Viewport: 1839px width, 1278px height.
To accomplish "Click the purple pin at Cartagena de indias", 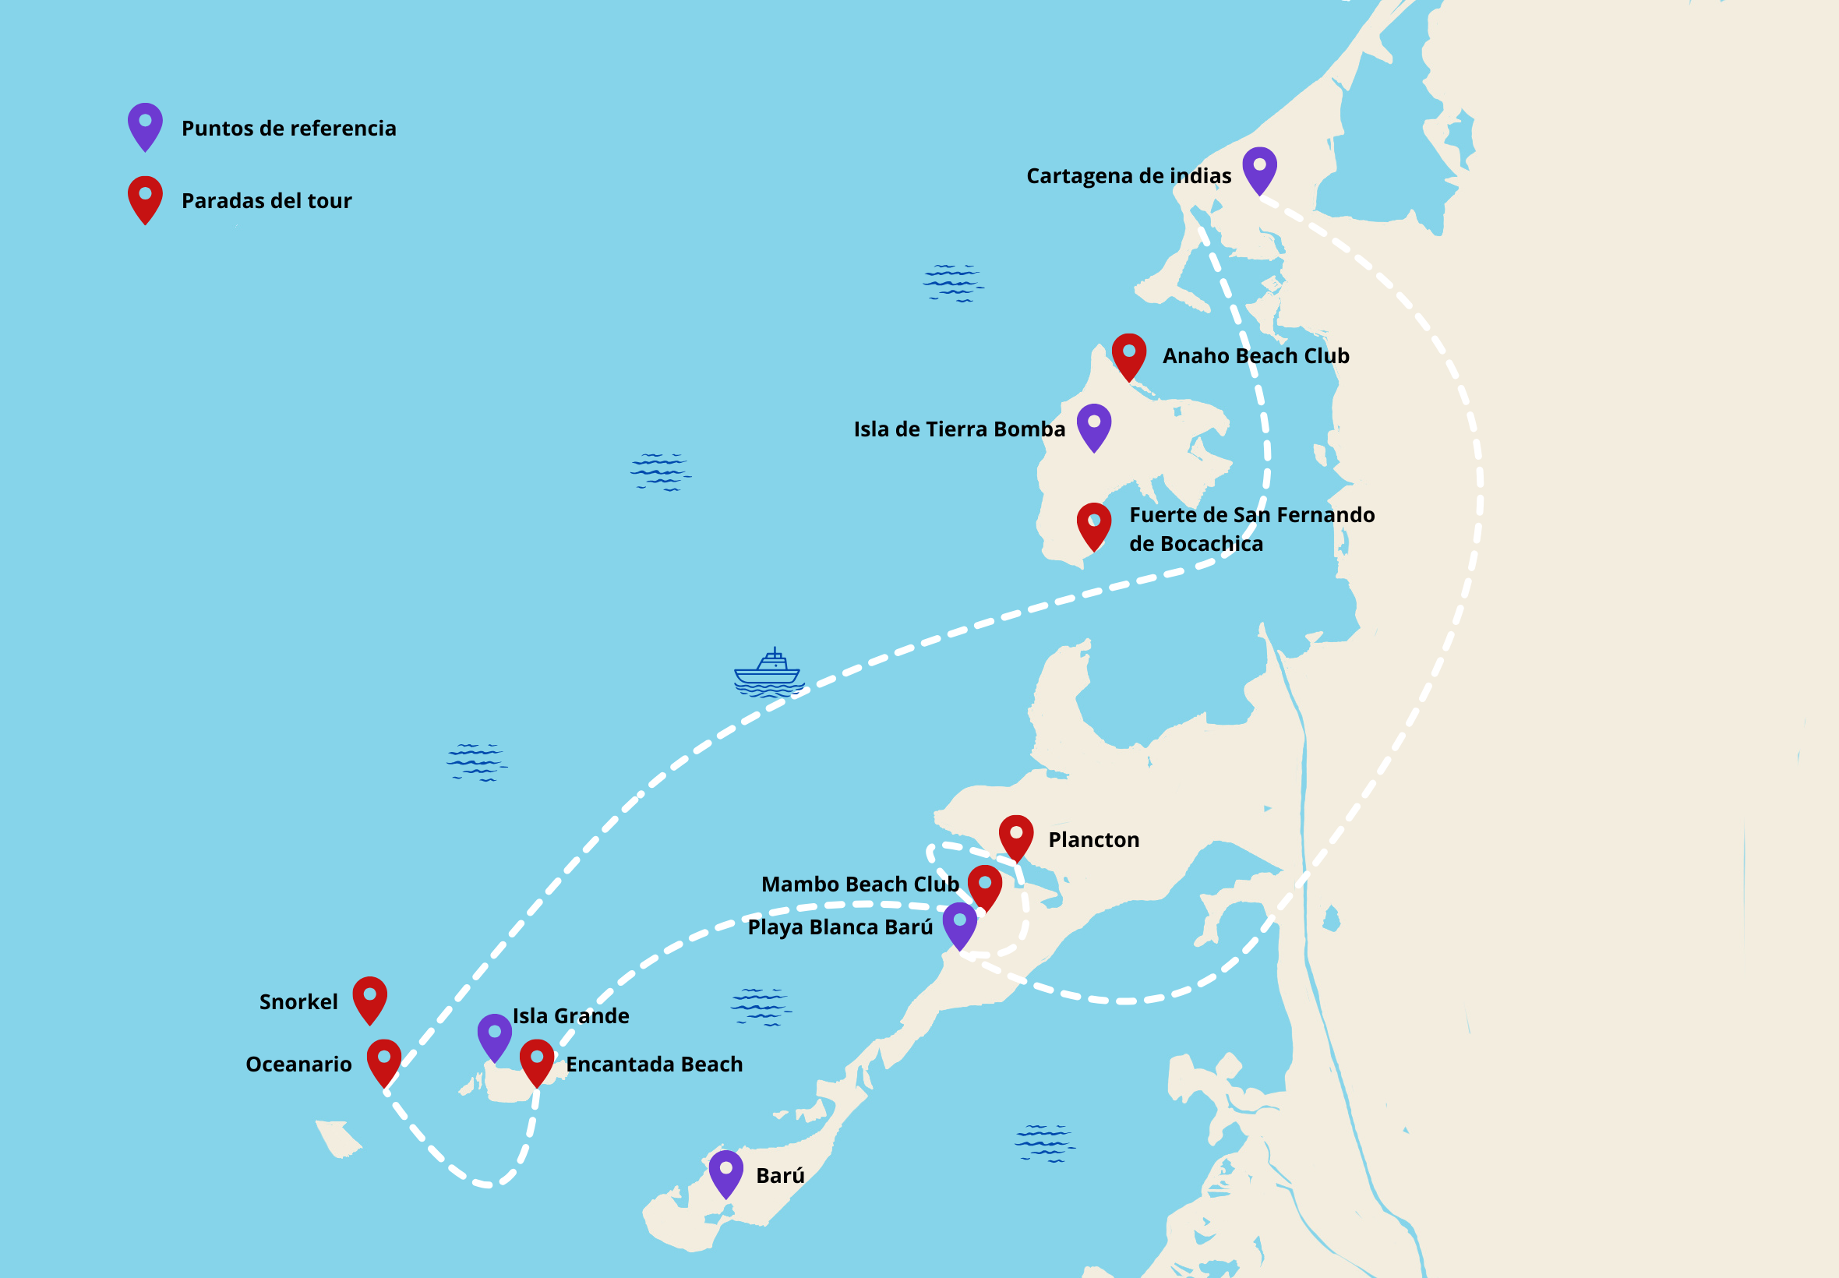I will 1259,168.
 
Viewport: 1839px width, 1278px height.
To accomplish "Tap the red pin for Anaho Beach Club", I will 1129,355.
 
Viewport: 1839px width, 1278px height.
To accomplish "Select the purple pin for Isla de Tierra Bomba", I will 1093,425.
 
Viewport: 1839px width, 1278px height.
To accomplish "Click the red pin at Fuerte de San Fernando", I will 1093,524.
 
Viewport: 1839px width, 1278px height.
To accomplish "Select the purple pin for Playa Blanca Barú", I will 959,924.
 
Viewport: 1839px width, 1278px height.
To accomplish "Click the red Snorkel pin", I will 370,997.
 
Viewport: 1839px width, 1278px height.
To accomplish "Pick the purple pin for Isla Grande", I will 495,1036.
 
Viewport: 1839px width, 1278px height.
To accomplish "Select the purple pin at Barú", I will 726,1172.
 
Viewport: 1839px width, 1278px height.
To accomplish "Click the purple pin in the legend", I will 146,125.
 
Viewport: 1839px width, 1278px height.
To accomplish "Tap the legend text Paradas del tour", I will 266,201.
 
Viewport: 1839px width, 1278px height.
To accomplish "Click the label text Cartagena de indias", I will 1128,176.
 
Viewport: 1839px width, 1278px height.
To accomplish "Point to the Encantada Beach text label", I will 654,1065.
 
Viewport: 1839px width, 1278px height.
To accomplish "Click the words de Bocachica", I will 1195,545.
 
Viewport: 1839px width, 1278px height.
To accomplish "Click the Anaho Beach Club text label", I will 1255,356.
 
